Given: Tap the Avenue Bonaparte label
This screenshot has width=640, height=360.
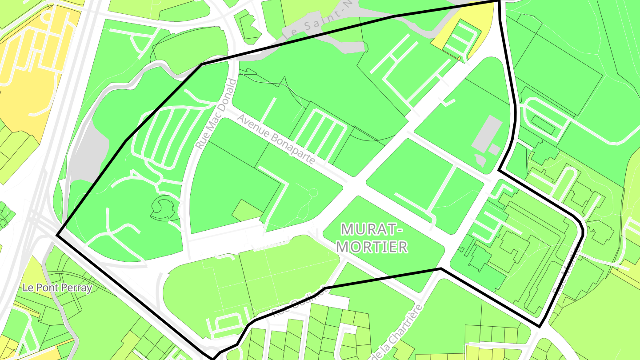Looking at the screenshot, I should [276, 139].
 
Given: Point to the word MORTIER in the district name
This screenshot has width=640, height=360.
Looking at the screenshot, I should [374, 247].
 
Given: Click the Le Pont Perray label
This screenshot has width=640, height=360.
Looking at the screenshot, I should [57, 288].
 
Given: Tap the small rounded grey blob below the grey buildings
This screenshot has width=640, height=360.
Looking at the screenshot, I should [480, 160].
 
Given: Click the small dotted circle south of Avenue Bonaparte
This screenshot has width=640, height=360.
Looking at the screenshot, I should [313, 193].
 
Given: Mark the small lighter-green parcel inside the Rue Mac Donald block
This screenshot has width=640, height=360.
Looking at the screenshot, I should [247, 210].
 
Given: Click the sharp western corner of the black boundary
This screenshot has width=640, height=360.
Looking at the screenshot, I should [57, 234].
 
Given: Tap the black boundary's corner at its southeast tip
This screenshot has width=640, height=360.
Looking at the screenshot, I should [540, 327].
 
